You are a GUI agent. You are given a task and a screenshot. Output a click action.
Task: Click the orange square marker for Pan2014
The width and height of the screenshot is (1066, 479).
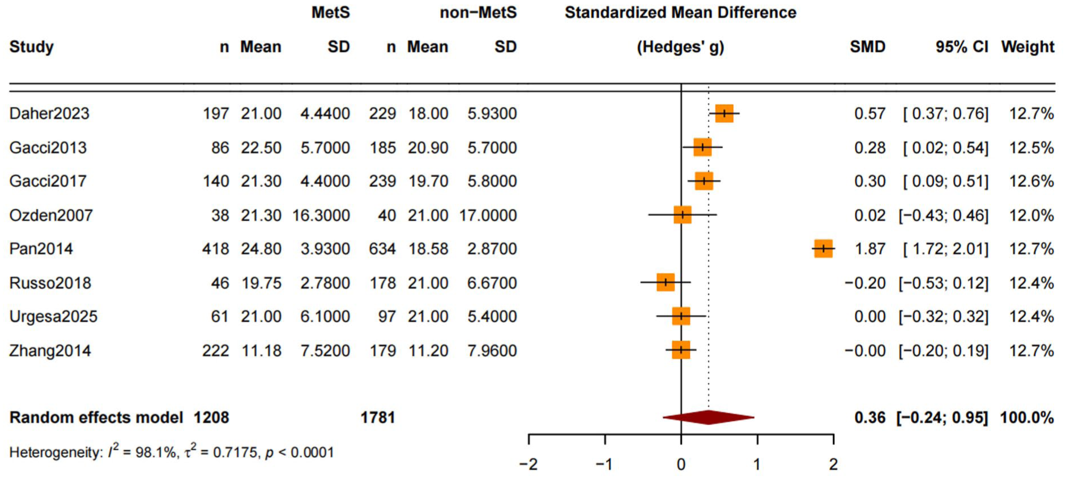[x=823, y=248]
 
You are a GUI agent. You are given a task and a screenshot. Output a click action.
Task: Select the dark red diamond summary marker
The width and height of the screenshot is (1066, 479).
[x=708, y=418]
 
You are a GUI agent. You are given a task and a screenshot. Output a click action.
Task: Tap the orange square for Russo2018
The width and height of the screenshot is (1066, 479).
[x=666, y=282]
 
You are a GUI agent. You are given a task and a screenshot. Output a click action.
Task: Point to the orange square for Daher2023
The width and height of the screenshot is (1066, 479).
[x=724, y=113]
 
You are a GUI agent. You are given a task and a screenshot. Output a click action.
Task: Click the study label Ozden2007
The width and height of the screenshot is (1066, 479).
[x=51, y=215]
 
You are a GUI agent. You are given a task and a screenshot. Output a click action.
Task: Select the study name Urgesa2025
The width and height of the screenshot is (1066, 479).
[x=53, y=316]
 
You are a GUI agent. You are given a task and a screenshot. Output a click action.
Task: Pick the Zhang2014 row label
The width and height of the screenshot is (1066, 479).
[x=50, y=351]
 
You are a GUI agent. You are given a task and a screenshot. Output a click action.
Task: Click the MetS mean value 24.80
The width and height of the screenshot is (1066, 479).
[x=261, y=249]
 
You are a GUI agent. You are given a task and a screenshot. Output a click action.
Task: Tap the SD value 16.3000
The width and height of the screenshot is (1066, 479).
[x=321, y=215]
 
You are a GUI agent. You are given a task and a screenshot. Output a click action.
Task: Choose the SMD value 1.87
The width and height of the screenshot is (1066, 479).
[x=869, y=249]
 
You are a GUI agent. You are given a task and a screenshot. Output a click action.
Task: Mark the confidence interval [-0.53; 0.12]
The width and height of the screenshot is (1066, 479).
[x=943, y=283]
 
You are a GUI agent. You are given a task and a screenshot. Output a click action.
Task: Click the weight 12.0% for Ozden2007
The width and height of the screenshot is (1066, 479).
[x=1031, y=215]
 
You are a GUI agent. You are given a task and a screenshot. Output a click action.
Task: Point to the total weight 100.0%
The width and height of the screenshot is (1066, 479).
[x=1026, y=418]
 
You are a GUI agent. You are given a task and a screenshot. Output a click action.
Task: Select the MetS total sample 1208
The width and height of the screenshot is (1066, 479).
[x=211, y=418]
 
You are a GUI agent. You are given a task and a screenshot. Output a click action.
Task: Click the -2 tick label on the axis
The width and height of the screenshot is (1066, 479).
[x=528, y=465]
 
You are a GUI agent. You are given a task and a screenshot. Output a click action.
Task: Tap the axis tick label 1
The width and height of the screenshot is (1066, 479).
[x=757, y=465]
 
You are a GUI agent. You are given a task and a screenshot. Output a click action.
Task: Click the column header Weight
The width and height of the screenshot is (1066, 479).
[x=1027, y=46]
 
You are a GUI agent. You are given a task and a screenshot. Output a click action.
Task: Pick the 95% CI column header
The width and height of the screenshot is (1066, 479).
[x=961, y=46]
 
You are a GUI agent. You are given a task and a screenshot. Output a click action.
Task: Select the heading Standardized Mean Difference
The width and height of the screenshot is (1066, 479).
[x=680, y=12]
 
